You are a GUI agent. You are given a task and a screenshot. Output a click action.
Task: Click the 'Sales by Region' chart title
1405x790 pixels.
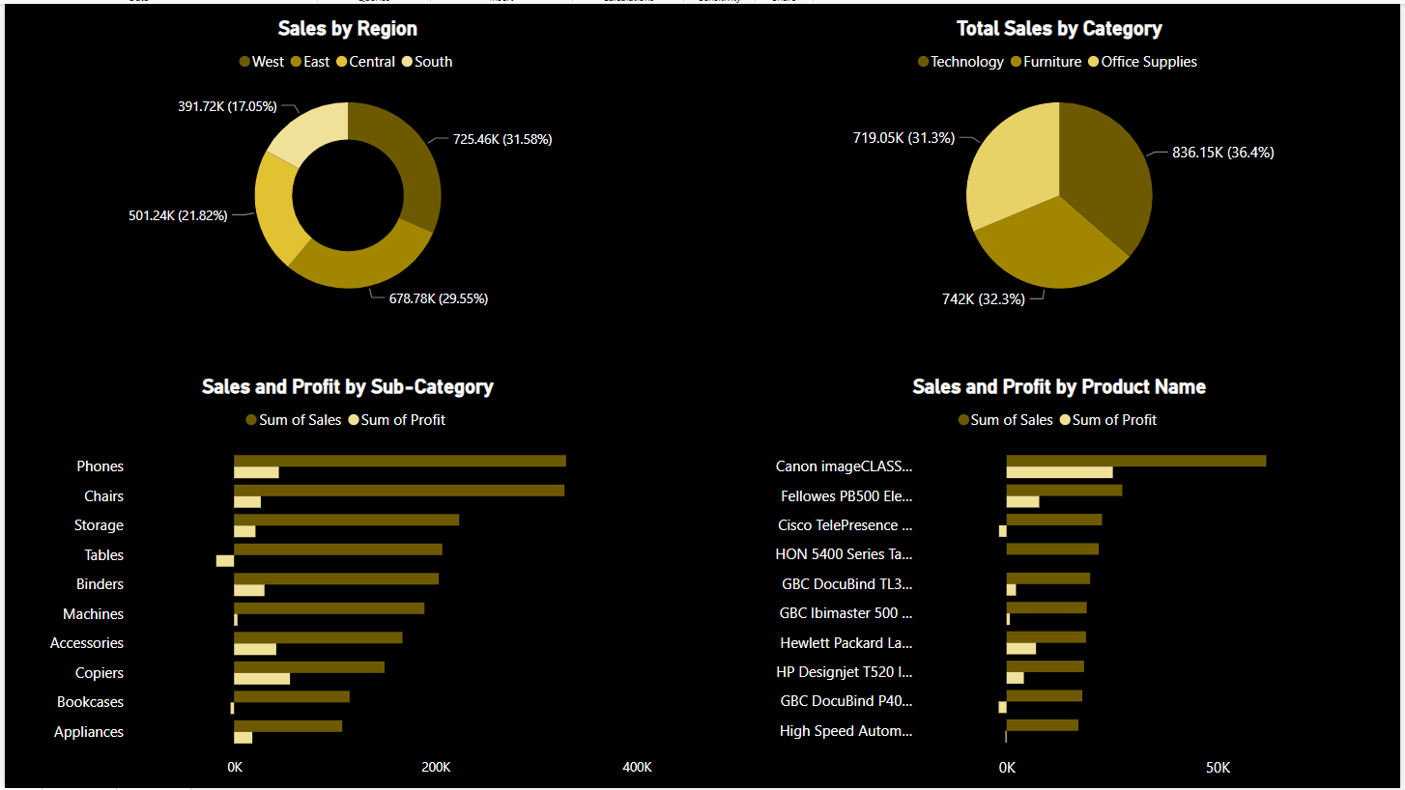(x=348, y=29)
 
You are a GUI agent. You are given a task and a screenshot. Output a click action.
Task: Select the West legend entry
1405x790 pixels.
(x=262, y=62)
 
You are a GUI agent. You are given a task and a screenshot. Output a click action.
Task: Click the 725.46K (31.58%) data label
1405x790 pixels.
(x=502, y=139)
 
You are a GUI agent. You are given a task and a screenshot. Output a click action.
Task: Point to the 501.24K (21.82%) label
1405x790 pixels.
(x=177, y=215)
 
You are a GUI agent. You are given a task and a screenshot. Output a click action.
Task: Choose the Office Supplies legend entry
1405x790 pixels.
(x=1142, y=62)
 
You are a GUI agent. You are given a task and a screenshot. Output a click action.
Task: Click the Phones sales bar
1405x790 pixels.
(x=399, y=461)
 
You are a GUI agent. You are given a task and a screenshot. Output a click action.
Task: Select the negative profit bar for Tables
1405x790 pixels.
(x=225, y=561)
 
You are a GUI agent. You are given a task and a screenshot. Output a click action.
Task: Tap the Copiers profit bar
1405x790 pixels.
(x=262, y=679)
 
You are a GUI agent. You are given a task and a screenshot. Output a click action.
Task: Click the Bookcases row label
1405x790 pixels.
(x=90, y=702)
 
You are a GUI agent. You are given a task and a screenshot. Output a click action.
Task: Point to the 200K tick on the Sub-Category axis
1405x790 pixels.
(x=436, y=768)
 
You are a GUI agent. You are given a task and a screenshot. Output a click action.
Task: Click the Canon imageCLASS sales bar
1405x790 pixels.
(x=1135, y=461)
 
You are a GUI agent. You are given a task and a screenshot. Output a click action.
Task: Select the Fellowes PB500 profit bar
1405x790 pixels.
(x=1022, y=502)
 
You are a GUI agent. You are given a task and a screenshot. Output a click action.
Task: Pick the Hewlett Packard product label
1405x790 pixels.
(x=846, y=643)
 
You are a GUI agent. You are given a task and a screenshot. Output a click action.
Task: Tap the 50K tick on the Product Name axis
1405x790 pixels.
(x=1219, y=768)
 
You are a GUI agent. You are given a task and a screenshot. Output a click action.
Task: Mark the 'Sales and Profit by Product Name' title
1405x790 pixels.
(x=1059, y=387)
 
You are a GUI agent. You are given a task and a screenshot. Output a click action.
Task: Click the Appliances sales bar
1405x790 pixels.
(x=288, y=725)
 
